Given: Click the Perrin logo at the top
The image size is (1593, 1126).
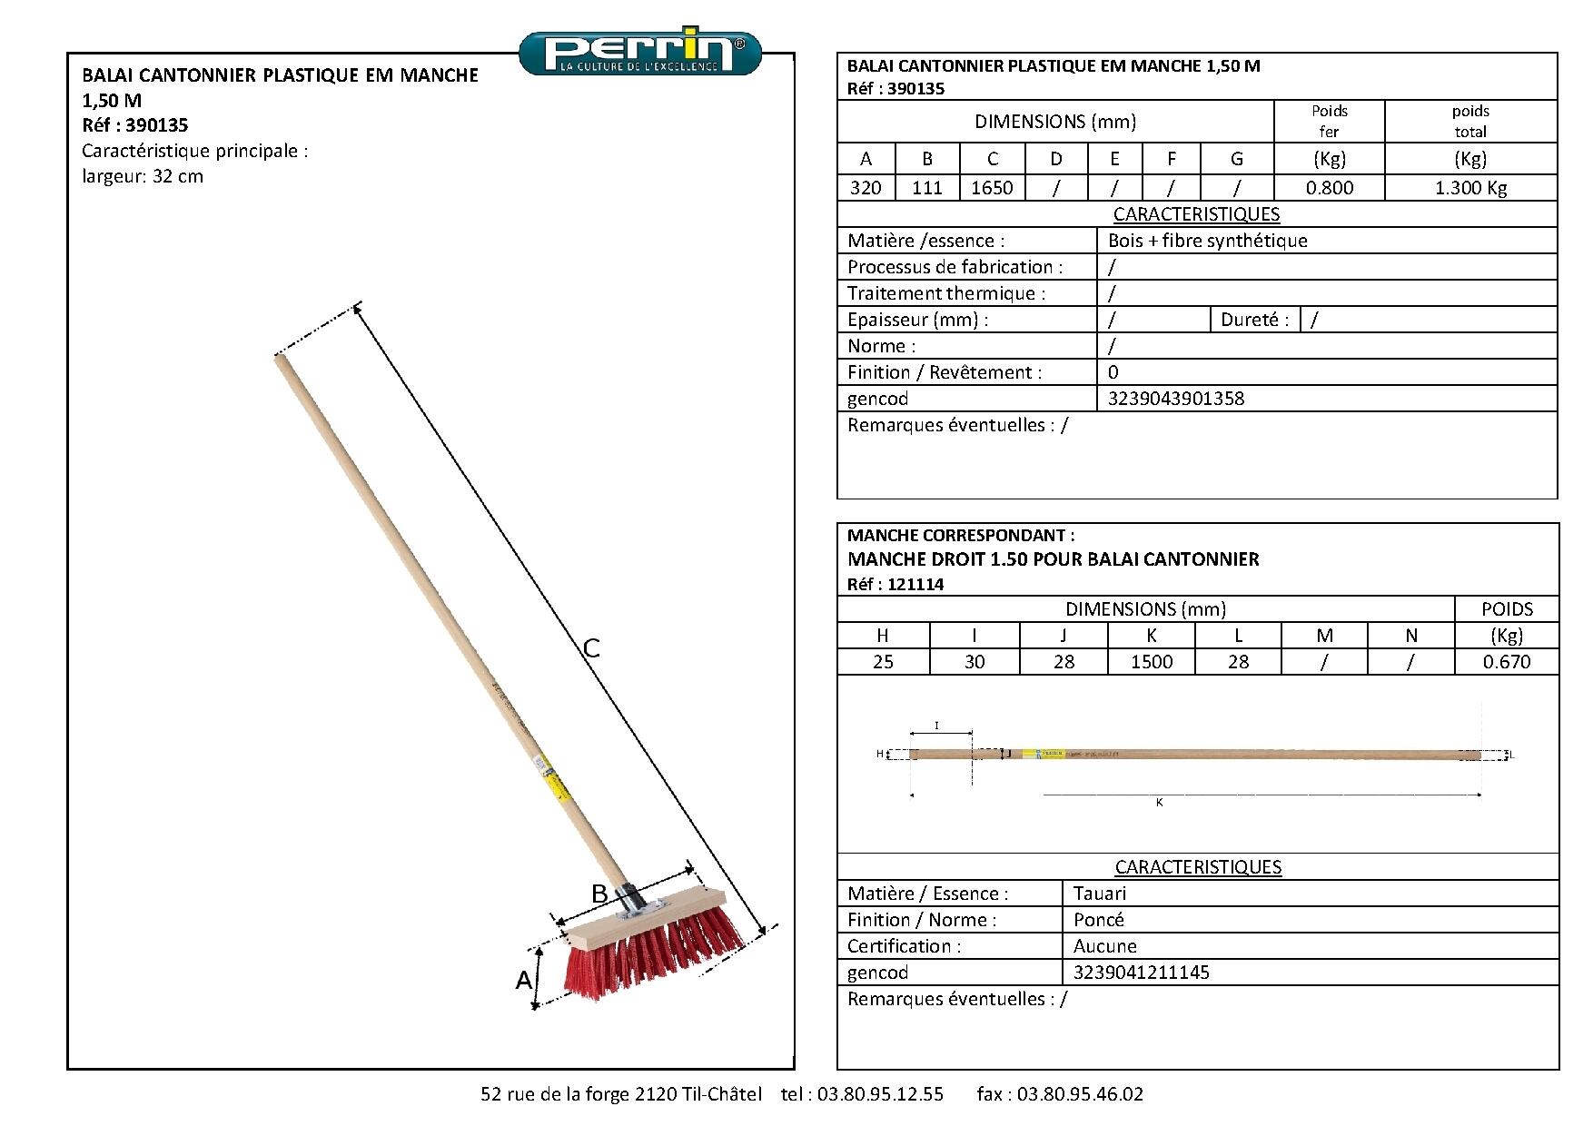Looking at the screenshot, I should [640, 53].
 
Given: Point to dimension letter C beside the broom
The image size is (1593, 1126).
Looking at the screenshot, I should [591, 648].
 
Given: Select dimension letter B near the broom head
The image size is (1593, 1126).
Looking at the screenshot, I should [599, 894].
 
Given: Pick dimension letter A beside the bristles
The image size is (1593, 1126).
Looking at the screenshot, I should [523, 981].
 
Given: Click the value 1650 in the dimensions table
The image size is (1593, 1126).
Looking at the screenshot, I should [992, 188].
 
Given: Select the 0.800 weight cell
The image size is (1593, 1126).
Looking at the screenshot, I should [1329, 188].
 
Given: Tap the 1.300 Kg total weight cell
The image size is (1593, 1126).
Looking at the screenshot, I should [1469, 188].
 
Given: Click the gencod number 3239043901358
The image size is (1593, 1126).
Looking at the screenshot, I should [1176, 399].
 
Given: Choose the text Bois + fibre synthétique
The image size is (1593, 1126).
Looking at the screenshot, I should [1208, 241].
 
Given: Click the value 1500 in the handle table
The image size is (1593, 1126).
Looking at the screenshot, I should [1152, 662].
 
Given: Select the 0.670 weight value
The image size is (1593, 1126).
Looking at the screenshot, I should [1507, 662].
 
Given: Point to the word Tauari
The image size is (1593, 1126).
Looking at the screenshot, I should [1099, 894].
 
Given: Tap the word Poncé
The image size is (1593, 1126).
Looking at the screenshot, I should [1098, 920].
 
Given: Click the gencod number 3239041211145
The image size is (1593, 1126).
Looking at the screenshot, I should [1141, 973].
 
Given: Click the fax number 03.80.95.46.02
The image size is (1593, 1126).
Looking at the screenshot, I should [1080, 1094].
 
